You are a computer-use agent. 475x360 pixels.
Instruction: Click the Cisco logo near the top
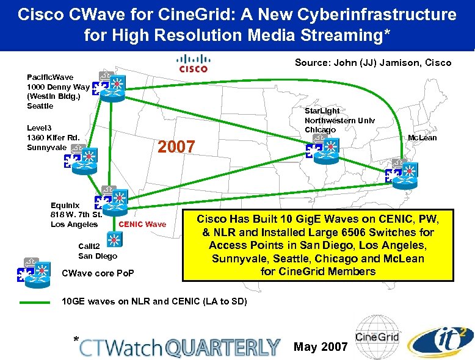pos(193,63)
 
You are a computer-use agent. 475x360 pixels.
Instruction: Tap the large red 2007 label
pos(176,147)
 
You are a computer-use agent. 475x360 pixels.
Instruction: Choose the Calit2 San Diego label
pos(97,251)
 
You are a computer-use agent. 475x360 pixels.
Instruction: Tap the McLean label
pos(422,138)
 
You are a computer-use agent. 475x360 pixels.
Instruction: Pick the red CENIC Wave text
pos(142,224)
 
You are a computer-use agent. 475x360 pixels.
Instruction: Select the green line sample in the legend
pos(34,302)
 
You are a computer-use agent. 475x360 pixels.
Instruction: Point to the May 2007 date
pos(321,347)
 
